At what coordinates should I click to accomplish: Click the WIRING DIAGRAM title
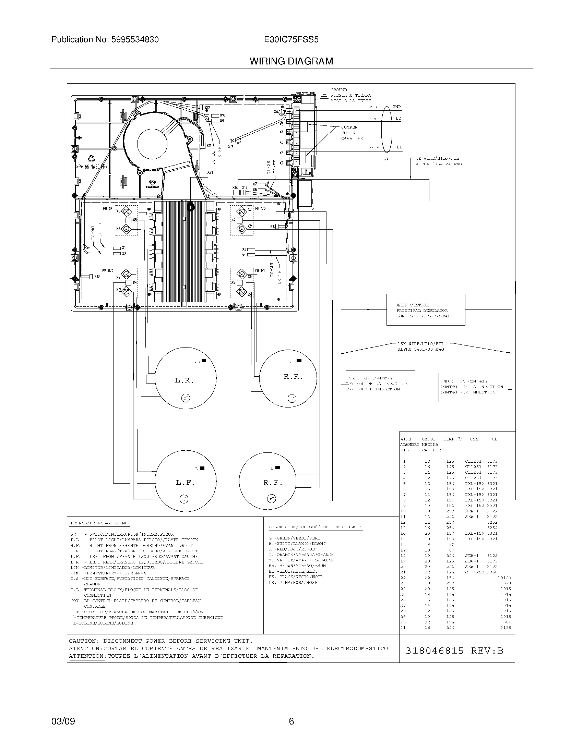pos(291,61)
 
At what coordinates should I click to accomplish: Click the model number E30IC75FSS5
pos(291,40)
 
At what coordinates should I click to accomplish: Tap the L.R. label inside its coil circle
pos(184,381)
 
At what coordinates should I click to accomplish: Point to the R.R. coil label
pos(293,377)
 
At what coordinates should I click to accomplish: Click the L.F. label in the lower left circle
pos(186,483)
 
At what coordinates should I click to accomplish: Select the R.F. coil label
pos(273,483)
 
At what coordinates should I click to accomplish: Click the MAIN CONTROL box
pos(426,310)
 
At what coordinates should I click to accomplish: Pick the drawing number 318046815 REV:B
pos(454,651)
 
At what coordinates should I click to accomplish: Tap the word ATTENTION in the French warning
pos(86,656)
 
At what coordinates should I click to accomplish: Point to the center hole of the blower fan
pos(152,144)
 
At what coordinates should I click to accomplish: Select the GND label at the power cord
pos(396,107)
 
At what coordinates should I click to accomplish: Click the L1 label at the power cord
pos(399,147)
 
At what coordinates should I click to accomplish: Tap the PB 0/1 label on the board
pos(108,209)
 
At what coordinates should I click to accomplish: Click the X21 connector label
pos(210,172)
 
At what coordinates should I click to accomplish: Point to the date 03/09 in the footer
pos(63,721)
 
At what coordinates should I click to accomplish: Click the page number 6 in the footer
pos(291,721)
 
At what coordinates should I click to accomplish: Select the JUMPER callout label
pos(349,127)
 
